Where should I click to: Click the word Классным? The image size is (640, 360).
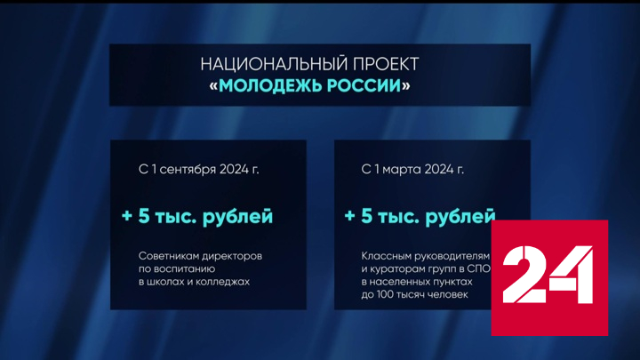click(388, 255)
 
